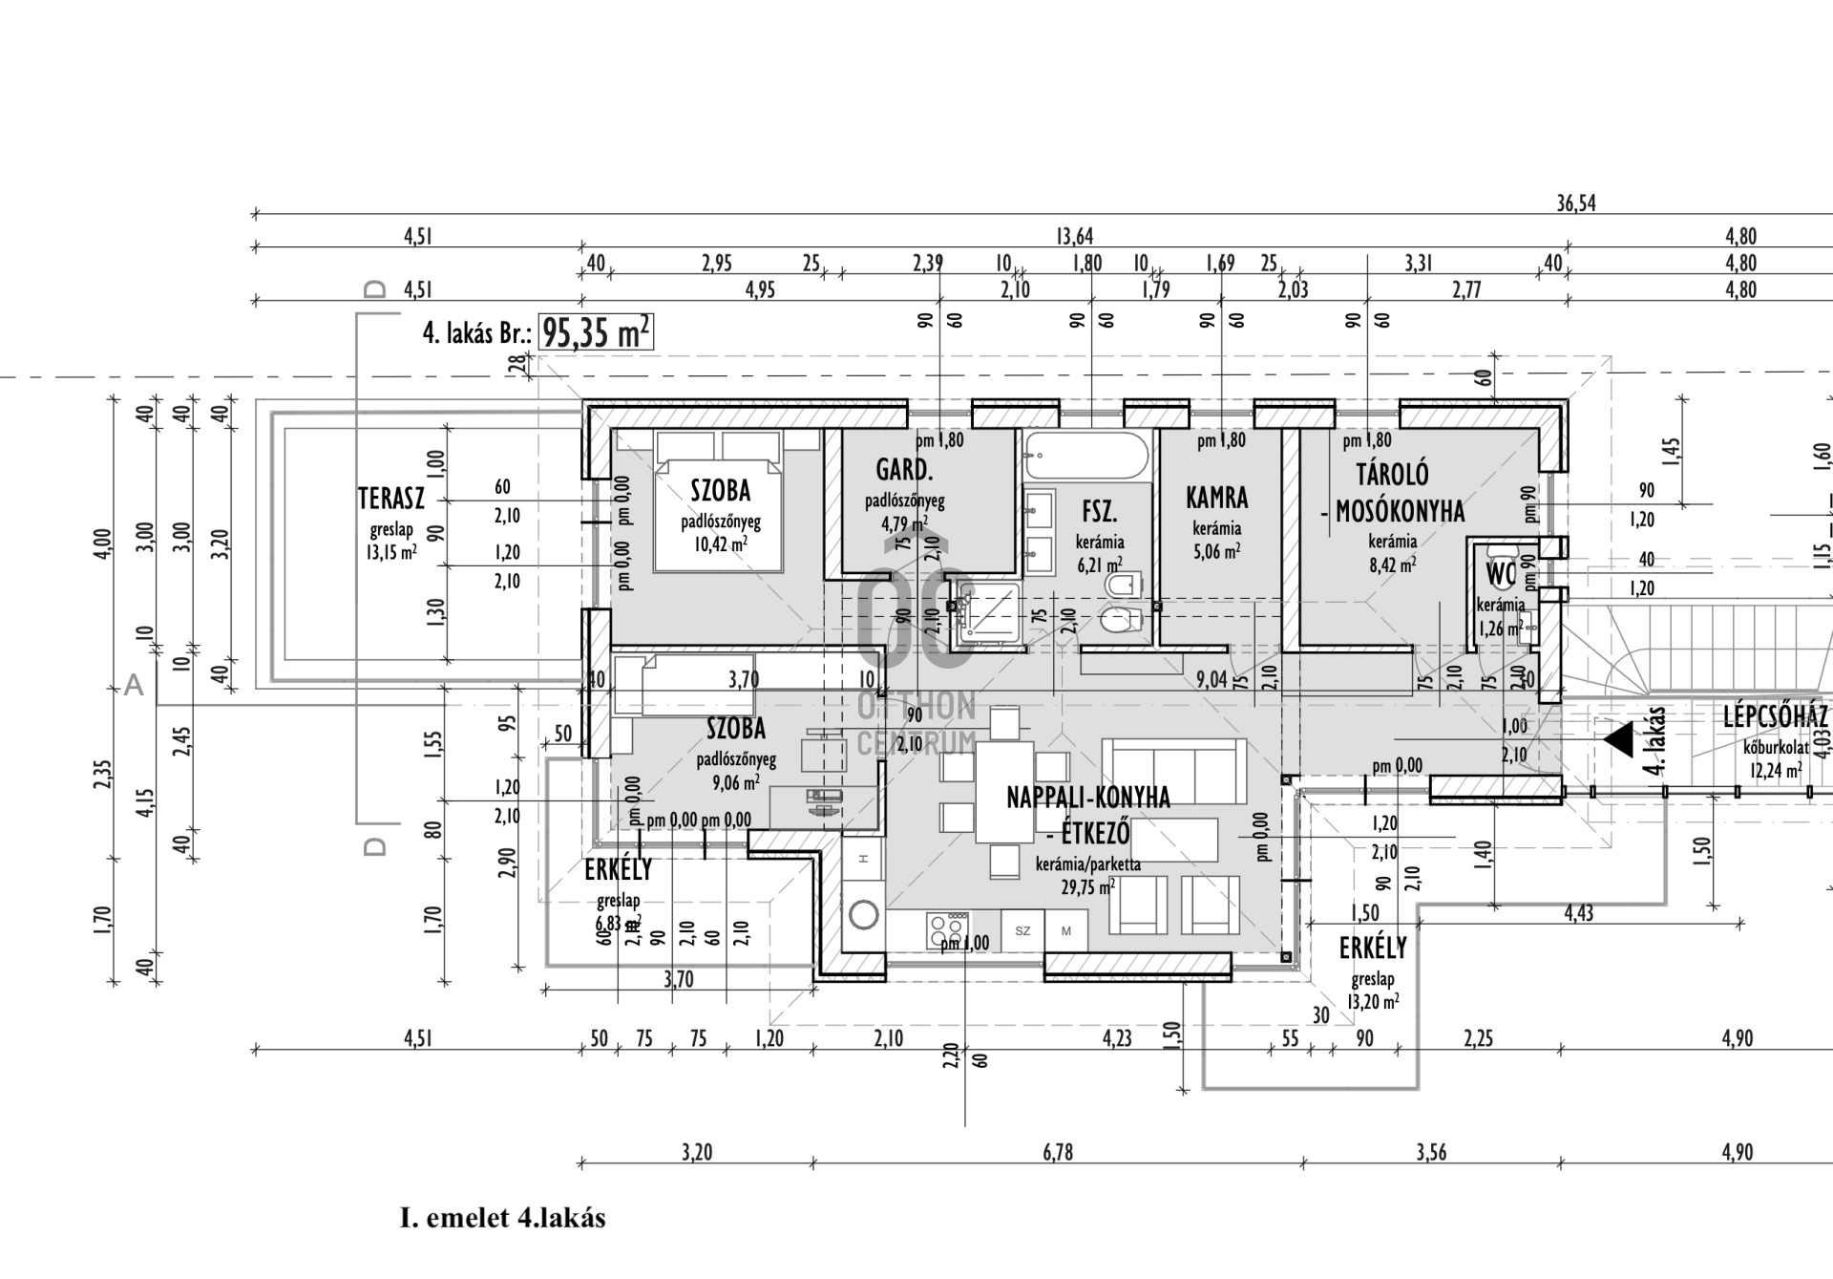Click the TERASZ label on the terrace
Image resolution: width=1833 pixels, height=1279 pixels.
(390, 499)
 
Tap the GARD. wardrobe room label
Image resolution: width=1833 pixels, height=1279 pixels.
(903, 470)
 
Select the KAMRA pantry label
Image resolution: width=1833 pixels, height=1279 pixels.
(1216, 498)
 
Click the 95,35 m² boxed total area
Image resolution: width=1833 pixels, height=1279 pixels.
(597, 333)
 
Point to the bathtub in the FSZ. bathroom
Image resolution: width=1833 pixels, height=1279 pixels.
(1085, 456)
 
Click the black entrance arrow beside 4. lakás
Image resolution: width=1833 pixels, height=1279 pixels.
(1618, 739)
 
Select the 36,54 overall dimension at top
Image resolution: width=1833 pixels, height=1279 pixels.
(1575, 203)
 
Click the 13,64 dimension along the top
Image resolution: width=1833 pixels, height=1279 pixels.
(1074, 237)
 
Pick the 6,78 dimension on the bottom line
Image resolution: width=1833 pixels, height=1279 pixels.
(1058, 1153)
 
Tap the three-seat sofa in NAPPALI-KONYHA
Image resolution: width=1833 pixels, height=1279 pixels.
(1173, 770)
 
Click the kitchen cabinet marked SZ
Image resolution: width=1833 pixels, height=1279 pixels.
(1022, 930)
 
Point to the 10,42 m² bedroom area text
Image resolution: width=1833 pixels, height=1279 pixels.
(720, 544)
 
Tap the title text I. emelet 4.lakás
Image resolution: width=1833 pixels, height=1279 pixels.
(502, 1219)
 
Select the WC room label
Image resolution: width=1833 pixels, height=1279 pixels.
(1500, 575)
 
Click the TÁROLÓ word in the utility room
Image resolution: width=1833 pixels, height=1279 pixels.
(1392, 475)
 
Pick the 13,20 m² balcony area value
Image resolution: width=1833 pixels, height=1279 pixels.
(1372, 1002)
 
